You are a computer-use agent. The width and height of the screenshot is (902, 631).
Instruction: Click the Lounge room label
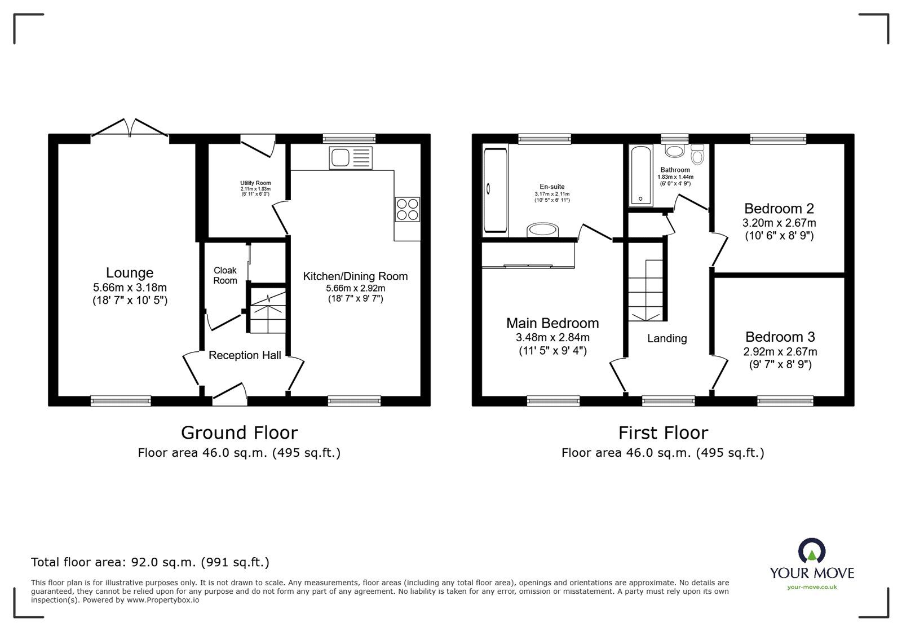tap(130, 273)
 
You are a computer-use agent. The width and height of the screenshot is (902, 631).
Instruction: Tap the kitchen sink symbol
tap(351, 158)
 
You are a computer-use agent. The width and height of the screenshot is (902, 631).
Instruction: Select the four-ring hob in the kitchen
tap(407, 209)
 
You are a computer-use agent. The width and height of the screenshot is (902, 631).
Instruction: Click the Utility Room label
tap(255, 183)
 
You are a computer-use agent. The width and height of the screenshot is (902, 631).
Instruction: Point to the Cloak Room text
tap(225, 275)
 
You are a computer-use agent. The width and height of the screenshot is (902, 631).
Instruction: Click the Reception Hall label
tap(245, 356)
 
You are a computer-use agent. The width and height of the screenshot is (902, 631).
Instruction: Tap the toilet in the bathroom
tap(697, 155)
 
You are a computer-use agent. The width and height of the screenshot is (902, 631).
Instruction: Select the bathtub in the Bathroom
tap(640, 176)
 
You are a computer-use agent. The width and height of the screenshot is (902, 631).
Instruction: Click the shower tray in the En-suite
tap(496, 190)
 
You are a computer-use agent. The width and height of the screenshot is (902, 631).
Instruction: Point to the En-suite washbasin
tap(542, 230)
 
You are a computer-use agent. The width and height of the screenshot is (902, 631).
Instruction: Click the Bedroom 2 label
tap(779, 209)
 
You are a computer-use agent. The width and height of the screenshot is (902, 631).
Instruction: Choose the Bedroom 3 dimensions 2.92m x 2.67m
tap(780, 351)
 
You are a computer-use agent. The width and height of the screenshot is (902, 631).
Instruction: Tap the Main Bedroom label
tap(552, 323)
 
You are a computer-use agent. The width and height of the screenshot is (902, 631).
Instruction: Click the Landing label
tap(667, 339)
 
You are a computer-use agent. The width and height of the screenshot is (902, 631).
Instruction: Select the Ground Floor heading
tap(239, 433)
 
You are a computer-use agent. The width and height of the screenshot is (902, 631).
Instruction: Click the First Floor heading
tap(663, 433)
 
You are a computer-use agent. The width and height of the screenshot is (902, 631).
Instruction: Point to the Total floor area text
tap(150, 562)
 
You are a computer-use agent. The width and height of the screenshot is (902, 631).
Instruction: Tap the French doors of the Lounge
tap(130, 128)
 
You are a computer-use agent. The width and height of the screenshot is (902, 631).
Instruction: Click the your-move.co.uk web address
tap(812, 588)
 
